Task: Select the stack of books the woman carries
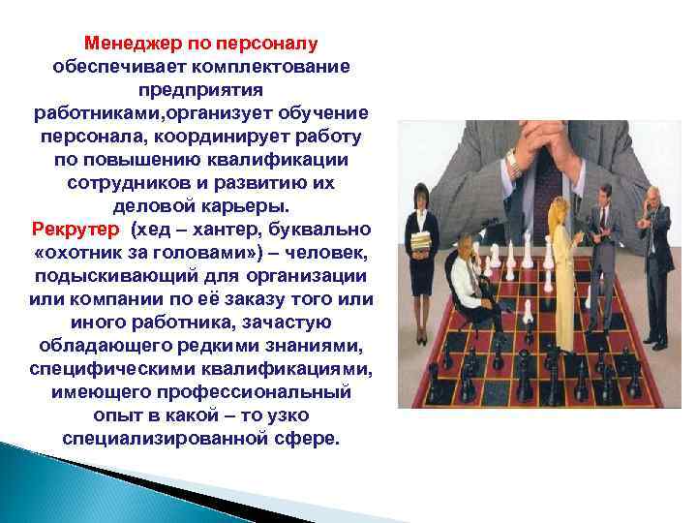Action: coord(418,245)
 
